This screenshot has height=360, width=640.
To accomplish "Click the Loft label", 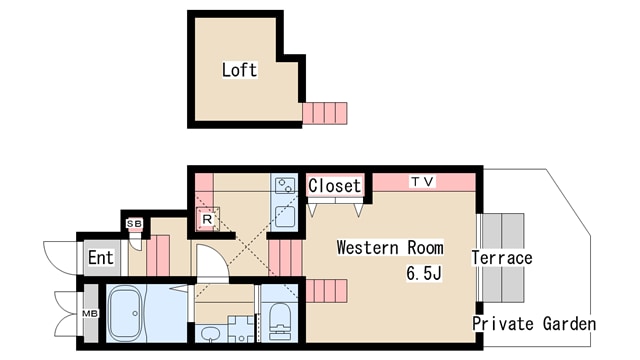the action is tap(240, 70).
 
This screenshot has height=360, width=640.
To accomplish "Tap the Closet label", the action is tap(335, 186).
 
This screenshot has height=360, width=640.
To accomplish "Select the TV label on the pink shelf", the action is tap(423, 181).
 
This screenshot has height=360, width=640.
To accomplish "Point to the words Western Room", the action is tap(390, 247).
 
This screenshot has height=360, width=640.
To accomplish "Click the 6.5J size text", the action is tap(424, 273).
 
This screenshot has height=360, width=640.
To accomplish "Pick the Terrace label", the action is tap(502, 258).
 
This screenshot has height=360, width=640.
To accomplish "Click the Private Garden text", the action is tap(534, 324).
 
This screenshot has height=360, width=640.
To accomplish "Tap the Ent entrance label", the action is tap(101, 258).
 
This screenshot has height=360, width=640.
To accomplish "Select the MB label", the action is tap(90, 313).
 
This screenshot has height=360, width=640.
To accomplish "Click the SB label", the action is tap(134, 224).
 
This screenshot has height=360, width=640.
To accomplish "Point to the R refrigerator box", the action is tap(207, 219).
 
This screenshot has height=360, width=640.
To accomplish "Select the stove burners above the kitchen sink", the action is tap(284, 186).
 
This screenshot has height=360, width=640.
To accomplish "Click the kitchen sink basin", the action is tap(284, 216).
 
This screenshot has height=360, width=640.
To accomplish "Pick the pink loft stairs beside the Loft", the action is tap(325, 113).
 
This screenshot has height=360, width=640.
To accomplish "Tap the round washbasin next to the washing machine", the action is tap(211, 334).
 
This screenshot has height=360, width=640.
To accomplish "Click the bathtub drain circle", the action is tap(135, 313).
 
